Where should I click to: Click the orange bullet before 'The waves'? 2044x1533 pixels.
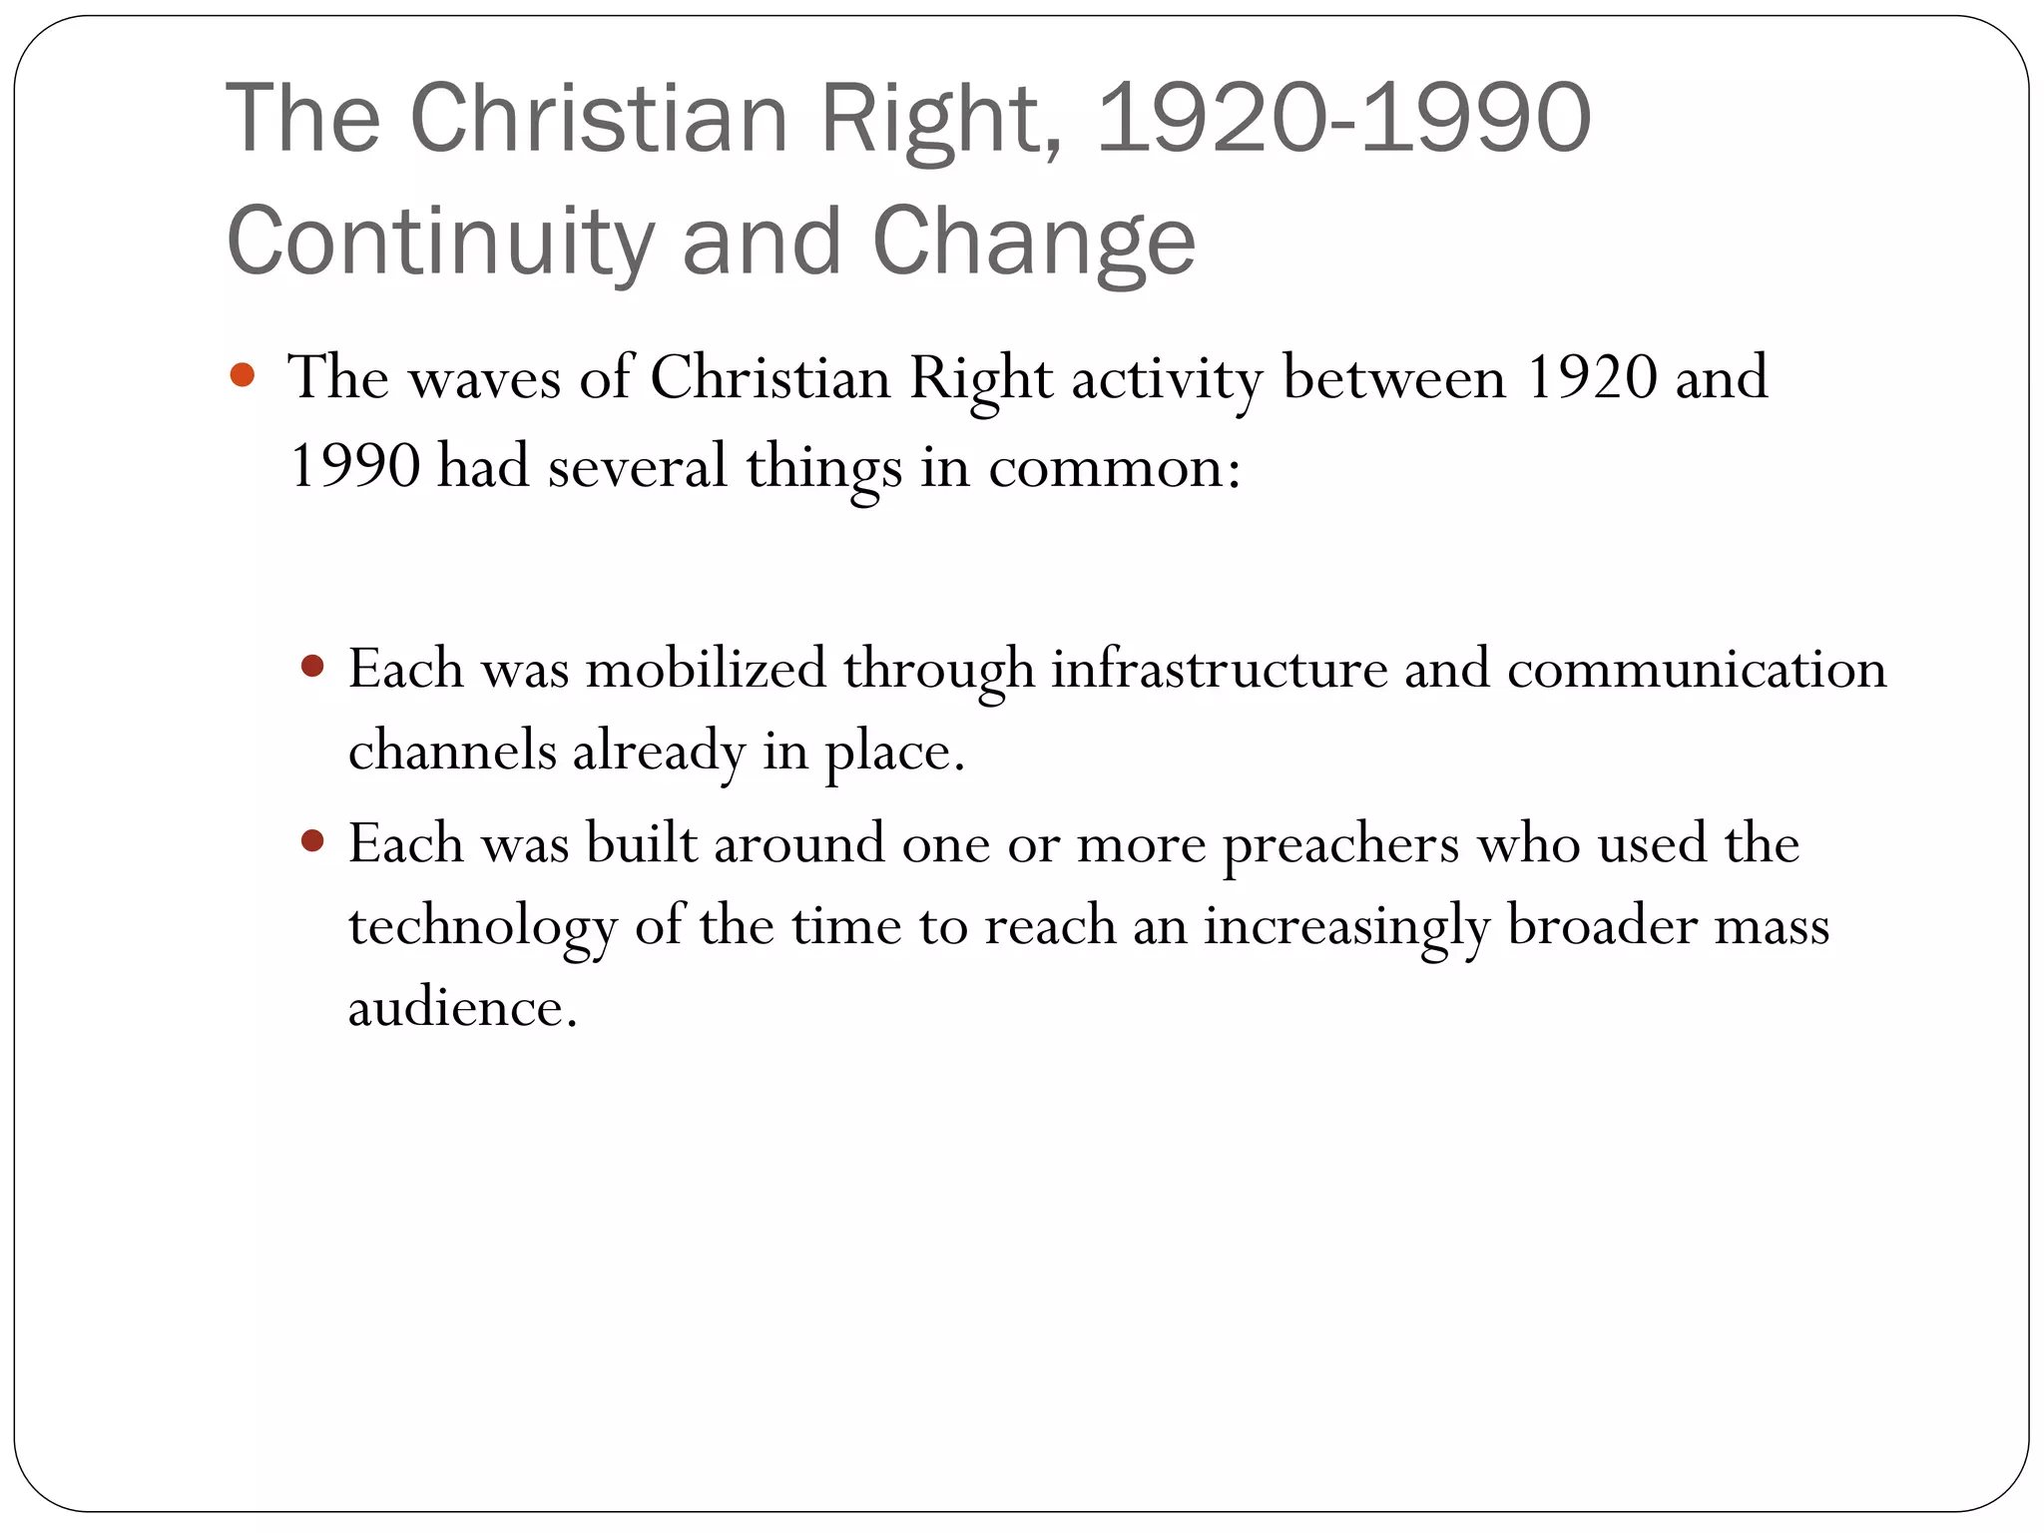243,376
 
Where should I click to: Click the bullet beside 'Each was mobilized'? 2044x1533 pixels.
312,666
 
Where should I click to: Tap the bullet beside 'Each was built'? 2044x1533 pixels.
312,841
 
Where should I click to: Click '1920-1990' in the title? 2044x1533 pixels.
1342,120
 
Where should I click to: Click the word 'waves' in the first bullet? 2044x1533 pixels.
484,379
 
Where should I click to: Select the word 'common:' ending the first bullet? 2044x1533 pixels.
1115,467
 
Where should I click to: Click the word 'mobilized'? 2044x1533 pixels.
706,669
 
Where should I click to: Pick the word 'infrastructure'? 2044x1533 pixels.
1219,669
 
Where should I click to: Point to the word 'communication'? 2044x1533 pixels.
1697,669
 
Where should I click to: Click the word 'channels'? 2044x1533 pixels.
452,751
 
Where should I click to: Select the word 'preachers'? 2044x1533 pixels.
1341,844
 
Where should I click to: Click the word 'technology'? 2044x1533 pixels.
483,926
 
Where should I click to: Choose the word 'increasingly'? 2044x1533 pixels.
1345,926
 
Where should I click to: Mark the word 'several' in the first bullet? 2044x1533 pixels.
637,467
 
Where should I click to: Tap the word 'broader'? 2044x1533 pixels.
1602,926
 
